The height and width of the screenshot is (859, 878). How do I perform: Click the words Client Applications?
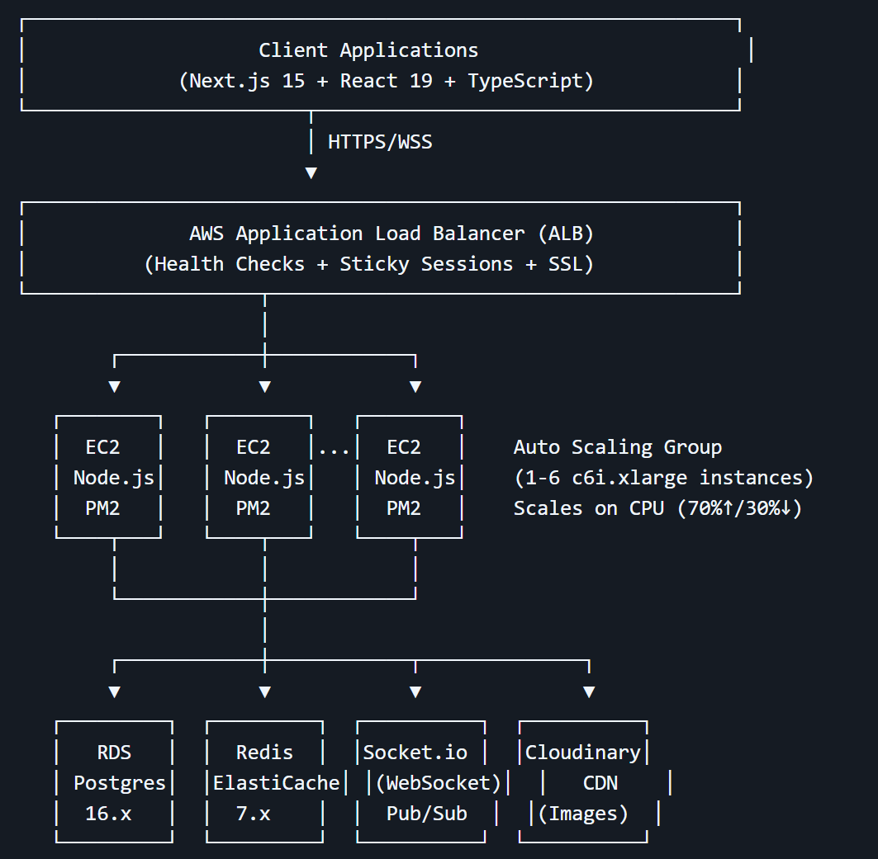coord(368,50)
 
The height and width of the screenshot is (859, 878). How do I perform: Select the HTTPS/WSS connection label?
coord(380,142)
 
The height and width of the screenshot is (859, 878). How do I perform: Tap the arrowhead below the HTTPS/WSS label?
coord(311,172)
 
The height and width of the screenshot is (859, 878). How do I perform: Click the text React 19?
coord(386,81)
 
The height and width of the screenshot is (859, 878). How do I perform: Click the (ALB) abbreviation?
coord(565,234)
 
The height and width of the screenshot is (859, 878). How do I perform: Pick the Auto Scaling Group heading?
coord(617,447)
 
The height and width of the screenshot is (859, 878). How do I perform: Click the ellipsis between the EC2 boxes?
coord(334,449)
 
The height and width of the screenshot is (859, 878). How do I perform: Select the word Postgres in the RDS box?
coord(120,783)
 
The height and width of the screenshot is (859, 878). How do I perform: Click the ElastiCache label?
coord(276,783)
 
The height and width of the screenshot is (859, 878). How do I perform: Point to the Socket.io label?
coord(415,753)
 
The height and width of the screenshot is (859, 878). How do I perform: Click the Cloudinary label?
coord(582,753)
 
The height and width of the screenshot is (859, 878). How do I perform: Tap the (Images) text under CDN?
coord(582,814)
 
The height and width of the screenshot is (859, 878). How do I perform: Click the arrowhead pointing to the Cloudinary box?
coord(589,691)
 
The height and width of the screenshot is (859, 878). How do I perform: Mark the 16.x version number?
coord(108,814)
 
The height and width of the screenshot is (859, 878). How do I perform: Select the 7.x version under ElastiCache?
coord(253,814)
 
